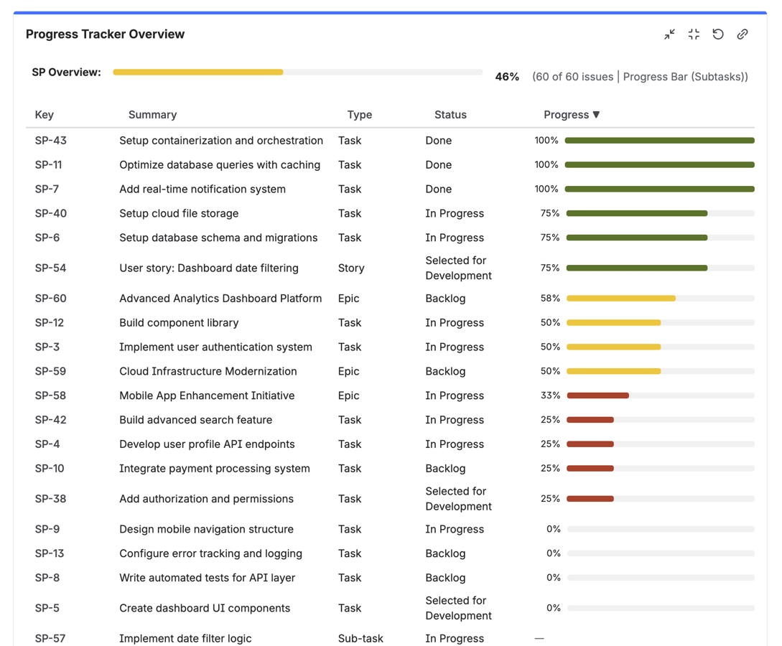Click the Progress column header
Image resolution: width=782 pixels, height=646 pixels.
click(x=571, y=115)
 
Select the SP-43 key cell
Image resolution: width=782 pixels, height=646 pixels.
click(x=50, y=141)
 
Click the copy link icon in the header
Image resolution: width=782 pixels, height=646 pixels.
click(x=742, y=34)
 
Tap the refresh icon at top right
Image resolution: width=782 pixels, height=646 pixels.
click(x=717, y=34)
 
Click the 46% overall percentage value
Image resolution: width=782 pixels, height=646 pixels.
click(x=507, y=77)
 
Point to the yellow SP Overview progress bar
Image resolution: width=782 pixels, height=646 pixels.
click(x=198, y=72)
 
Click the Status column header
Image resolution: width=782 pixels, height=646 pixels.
click(x=450, y=115)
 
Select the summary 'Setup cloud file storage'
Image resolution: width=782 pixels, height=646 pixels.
click(x=179, y=214)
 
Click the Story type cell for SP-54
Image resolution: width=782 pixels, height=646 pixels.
click(x=351, y=268)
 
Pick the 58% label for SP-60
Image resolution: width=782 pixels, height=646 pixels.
click(x=550, y=299)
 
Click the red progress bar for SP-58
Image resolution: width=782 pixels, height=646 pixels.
click(x=597, y=395)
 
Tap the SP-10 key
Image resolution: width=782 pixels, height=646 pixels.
click(x=50, y=469)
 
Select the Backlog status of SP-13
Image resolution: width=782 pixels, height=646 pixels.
click(x=445, y=553)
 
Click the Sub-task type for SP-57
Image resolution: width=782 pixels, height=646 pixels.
click(x=360, y=638)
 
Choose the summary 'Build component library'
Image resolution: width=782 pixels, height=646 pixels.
click(x=179, y=323)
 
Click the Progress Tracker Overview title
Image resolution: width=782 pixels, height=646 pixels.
click(x=105, y=34)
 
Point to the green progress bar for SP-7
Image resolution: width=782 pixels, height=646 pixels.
click(x=659, y=189)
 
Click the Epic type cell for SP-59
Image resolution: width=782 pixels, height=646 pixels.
click(x=348, y=372)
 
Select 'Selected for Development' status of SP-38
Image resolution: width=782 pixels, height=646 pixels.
click(x=458, y=499)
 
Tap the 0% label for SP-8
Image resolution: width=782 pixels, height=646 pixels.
click(x=553, y=578)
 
